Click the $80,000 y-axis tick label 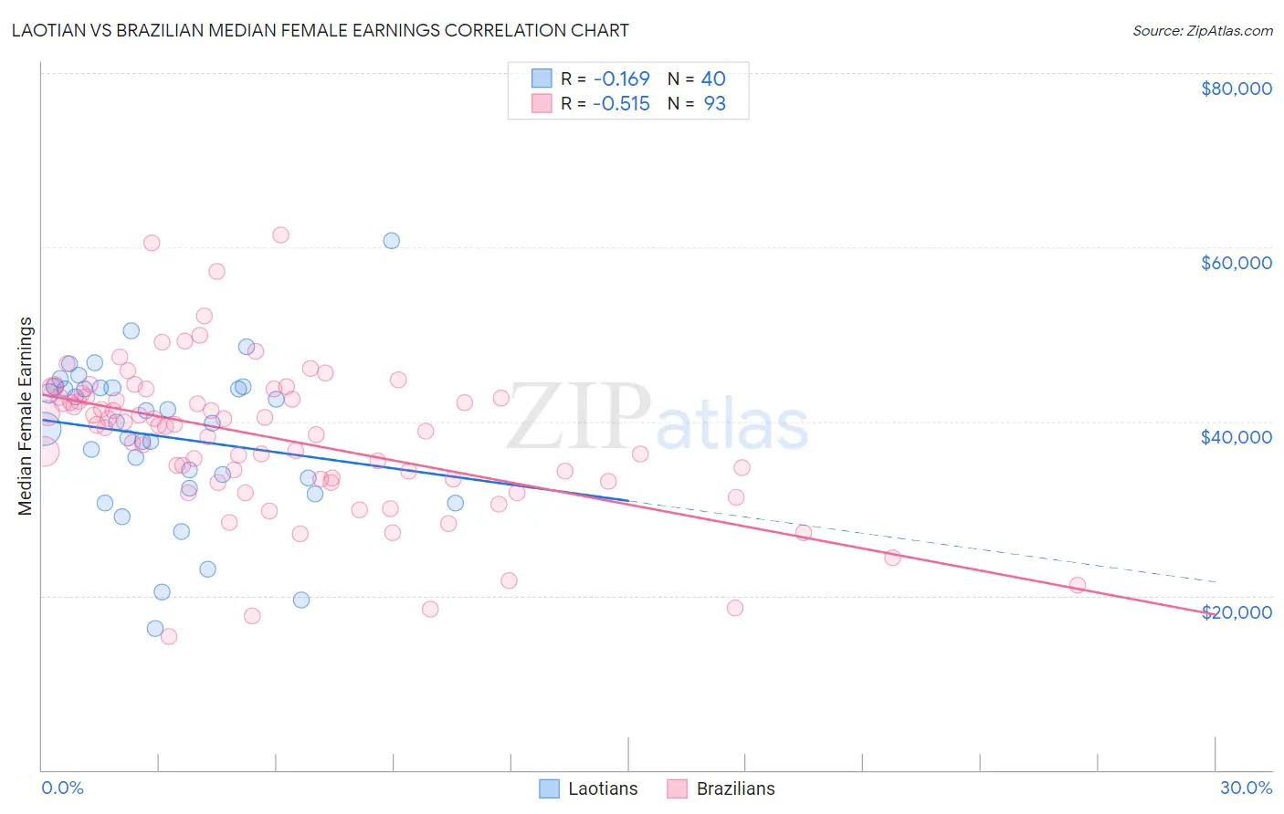1236,89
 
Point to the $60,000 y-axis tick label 1236,263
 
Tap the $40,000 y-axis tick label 1236,437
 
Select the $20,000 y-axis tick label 1236,612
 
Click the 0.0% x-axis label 62,788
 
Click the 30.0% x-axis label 1246,788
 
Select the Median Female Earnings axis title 26,416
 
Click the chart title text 320,30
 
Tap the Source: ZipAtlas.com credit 1202,30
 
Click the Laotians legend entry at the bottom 588,788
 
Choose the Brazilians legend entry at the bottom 721,788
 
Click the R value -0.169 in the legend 621,78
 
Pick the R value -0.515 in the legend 621,104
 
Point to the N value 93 714,104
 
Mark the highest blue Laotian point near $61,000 391,241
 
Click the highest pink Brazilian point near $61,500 280,235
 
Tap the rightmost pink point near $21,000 1078,585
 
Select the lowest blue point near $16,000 155,629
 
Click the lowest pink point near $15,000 169,637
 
